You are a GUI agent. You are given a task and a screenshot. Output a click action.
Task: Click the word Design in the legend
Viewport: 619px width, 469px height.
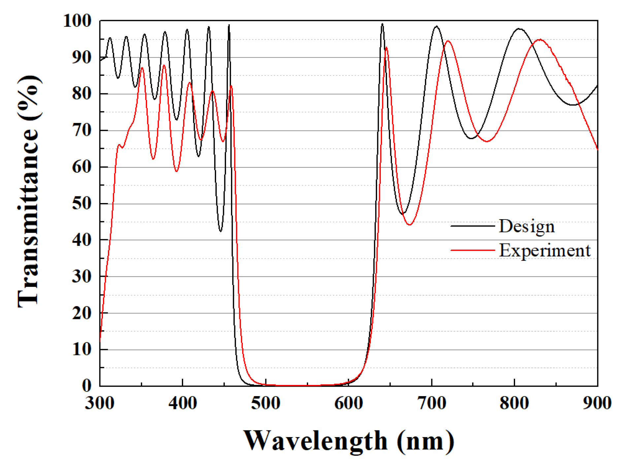coord(527,226)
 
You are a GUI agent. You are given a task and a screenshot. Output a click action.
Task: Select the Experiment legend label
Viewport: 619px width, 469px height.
coord(544,250)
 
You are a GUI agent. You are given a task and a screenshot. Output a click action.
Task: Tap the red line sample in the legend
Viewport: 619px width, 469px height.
coord(472,250)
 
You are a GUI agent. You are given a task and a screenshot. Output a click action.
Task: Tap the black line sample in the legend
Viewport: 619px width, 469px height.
coord(472,226)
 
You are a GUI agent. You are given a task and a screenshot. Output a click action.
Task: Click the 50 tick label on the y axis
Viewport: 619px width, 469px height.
coord(81,204)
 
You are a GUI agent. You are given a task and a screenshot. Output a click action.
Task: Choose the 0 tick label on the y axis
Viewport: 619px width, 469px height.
coord(86,386)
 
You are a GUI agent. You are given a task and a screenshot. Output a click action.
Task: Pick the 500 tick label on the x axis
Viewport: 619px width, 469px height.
coord(266,403)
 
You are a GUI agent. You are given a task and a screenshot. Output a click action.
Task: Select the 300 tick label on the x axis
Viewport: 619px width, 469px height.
coord(100,403)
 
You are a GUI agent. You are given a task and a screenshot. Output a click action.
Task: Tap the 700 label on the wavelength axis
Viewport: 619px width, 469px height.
coord(432,403)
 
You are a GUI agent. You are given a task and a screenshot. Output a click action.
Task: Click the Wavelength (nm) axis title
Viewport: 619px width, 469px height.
coord(348,441)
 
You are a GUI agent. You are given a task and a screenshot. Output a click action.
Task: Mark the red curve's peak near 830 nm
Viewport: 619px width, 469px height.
coord(539,40)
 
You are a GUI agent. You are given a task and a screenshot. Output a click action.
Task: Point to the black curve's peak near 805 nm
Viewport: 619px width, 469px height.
coord(519,29)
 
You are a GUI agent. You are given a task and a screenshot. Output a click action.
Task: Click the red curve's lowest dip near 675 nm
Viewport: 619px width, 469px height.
coord(409,225)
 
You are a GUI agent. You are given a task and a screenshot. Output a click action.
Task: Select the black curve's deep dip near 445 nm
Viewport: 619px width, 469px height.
coord(220,231)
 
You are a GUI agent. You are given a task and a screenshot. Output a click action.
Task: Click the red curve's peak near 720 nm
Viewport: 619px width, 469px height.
coord(448,41)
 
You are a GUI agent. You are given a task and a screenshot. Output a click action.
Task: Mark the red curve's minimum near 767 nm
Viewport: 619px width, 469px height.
coord(487,141)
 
